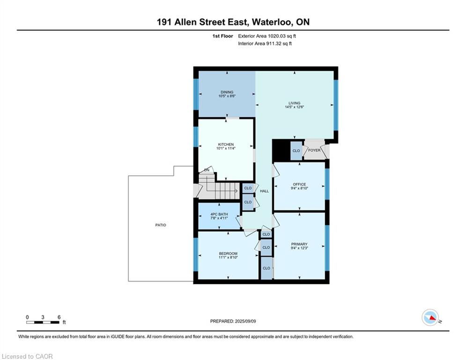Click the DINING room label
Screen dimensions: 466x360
[x=227, y=92]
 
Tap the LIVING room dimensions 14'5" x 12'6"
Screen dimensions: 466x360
[x=294, y=107]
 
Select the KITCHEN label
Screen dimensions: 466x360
[x=226, y=144]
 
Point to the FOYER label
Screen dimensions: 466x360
[x=314, y=150]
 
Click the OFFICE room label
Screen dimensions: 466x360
[x=299, y=184]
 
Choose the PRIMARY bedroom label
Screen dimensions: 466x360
[x=299, y=244]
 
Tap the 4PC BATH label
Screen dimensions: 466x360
[x=219, y=214]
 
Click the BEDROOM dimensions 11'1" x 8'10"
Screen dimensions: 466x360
[x=228, y=257]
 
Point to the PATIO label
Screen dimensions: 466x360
[x=161, y=225]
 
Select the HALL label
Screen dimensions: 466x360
[x=264, y=191]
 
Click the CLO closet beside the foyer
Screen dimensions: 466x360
[x=296, y=151]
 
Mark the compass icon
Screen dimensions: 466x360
[x=430, y=317]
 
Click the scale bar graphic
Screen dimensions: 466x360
[x=43, y=322]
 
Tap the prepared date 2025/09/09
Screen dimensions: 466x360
[x=245, y=321]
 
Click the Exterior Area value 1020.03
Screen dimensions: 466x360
[x=276, y=36]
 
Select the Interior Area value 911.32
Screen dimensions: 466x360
[x=274, y=44]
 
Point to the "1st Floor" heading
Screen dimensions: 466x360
[x=222, y=36]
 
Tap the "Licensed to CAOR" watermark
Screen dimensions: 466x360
[x=27, y=356]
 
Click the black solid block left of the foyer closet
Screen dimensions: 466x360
[x=281, y=150]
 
